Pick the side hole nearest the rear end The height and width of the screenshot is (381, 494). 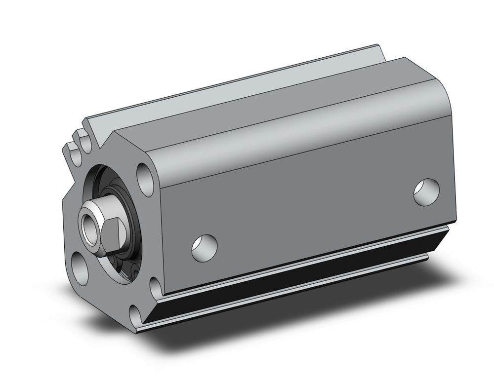pos(426,192)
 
